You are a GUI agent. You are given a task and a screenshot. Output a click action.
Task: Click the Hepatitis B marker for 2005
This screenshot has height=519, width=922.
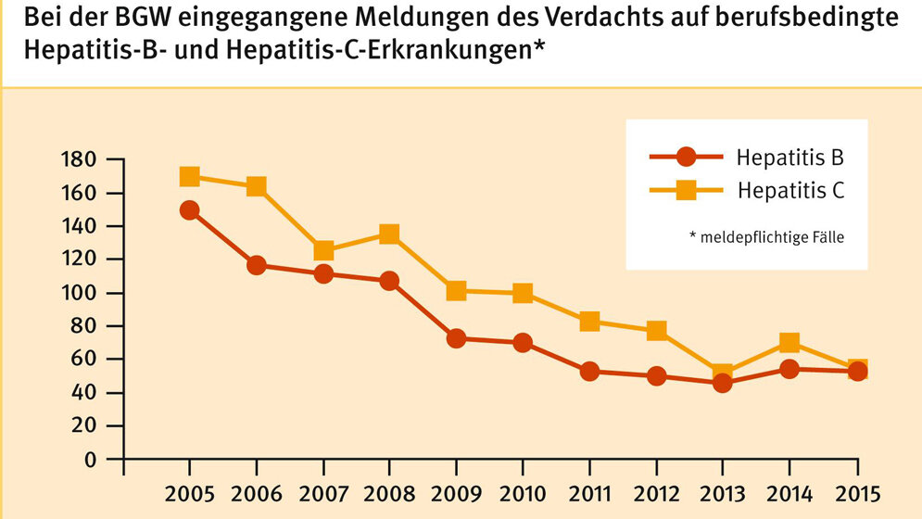(190, 210)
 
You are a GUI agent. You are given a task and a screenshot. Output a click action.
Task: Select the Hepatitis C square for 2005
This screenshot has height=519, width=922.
(190, 176)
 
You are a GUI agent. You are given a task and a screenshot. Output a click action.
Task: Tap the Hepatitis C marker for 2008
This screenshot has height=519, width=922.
(389, 234)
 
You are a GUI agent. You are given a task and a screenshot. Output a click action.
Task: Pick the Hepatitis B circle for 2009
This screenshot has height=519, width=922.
(456, 338)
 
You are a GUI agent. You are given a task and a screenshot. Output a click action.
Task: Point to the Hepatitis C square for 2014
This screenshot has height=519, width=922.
(789, 343)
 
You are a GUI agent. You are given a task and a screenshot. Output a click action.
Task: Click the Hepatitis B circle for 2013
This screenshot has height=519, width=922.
(723, 382)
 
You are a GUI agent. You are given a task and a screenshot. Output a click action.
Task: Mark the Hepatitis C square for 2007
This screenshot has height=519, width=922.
(323, 250)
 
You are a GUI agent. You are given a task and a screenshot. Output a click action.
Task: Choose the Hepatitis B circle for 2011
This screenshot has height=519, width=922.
(589, 371)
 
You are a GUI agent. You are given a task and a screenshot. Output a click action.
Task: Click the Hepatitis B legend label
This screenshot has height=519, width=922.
(789, 157)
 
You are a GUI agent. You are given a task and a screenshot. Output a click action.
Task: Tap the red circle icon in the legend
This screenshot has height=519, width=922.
(686, 157)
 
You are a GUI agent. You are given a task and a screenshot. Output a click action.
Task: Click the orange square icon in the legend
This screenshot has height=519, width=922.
(686, 191)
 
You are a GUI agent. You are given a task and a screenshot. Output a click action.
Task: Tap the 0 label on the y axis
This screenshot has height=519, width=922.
(90, 460)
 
